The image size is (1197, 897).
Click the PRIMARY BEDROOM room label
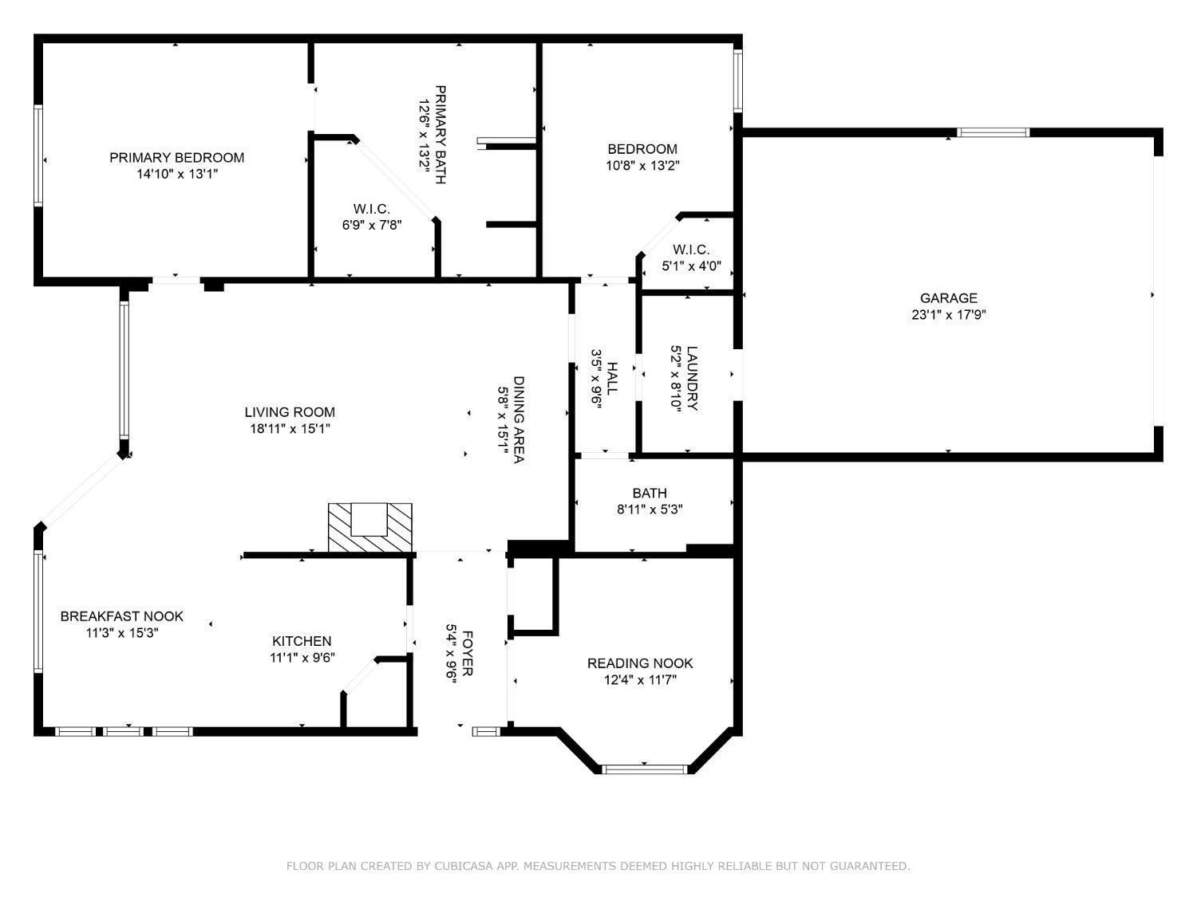176,158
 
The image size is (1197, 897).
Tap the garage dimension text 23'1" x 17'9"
948,315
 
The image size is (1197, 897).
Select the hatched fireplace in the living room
369,528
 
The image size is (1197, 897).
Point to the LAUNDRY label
692,378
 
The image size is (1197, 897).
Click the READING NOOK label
640,663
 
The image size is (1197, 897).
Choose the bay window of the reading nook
644,769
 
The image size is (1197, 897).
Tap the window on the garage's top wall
993,132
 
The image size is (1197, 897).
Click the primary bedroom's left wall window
38,155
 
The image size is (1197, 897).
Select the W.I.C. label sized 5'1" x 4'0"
691,250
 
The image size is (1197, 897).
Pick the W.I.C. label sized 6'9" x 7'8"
371,209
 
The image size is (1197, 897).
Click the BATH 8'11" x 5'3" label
650,494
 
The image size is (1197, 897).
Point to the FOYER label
468,653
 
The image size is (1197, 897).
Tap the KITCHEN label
302,641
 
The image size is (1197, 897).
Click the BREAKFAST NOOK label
121,616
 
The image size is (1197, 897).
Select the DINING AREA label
519,419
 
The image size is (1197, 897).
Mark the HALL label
612,379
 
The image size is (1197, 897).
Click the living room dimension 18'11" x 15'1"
290,429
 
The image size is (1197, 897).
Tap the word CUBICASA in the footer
461,866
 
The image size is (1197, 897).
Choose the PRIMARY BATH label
440,135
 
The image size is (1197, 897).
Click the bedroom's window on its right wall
738,81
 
